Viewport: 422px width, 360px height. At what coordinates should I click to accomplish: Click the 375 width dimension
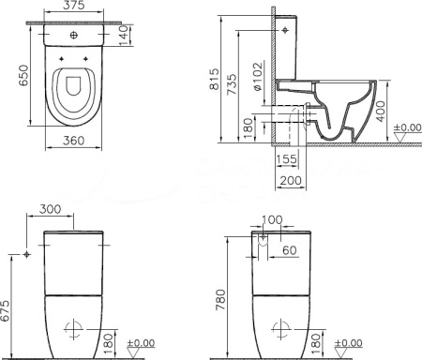tap(74, 5)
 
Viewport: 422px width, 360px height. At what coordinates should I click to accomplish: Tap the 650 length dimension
tap(23, 75)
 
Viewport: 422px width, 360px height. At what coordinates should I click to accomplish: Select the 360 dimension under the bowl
tap(73, 141)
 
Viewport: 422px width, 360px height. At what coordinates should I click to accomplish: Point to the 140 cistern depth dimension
tap(124, 36)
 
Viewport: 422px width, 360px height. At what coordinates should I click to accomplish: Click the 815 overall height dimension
tap(215, 80)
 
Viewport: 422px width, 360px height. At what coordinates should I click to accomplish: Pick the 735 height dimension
tap(232, 84)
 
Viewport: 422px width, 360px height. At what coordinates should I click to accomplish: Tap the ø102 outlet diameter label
tap(258, 77)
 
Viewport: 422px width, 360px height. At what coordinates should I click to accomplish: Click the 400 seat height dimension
tap(381, 112)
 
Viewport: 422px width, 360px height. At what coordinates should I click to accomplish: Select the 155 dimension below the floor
tap(286, 159)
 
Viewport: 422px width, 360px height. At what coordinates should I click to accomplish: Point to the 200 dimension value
tap(291, 180)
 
